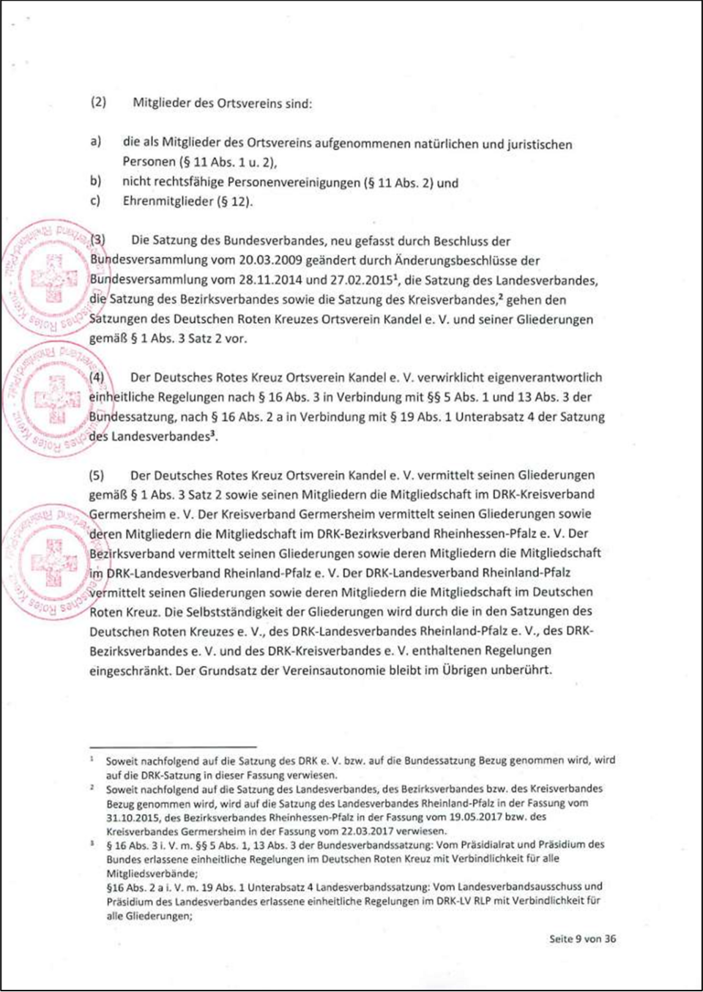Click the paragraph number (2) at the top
coord(98,102)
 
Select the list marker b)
coord(95,181)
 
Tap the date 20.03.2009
coord(272,260)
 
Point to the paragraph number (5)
coord(97,475)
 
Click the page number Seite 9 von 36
coord(582,939)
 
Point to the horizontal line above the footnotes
coord(173,746)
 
